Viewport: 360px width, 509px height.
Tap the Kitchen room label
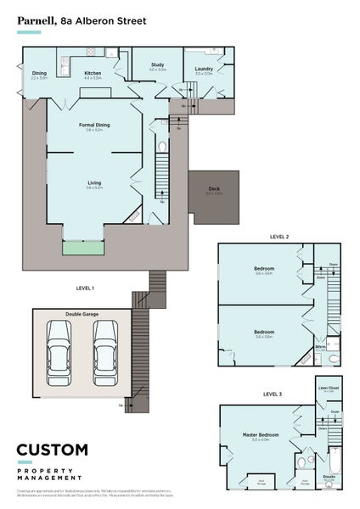93,74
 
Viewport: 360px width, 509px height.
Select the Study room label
157,65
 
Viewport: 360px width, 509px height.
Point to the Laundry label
204,69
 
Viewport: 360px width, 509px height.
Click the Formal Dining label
94,126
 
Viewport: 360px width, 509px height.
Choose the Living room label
94,183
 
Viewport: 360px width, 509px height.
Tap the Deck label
213,189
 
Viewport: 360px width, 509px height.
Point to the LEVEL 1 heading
85,288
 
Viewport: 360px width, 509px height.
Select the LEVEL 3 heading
272,394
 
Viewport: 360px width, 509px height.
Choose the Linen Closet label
328,388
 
